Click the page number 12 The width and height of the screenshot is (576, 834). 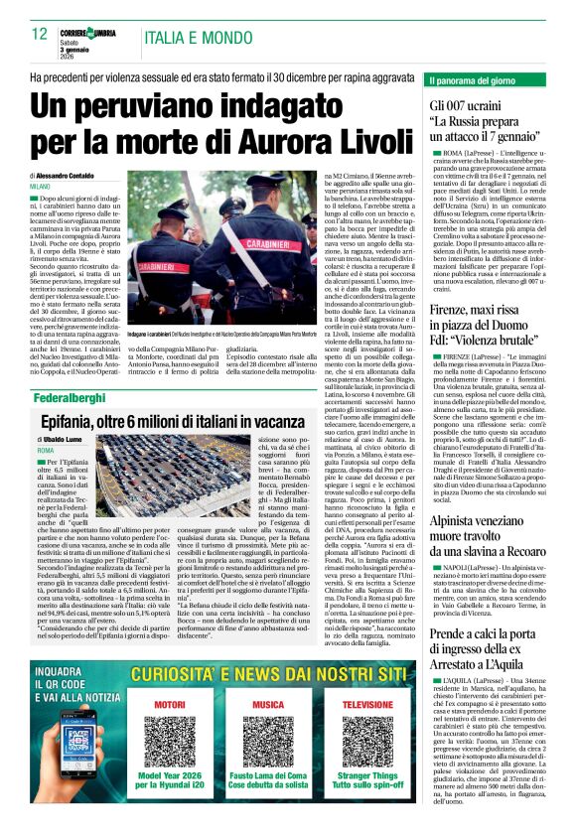pos(39,34)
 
